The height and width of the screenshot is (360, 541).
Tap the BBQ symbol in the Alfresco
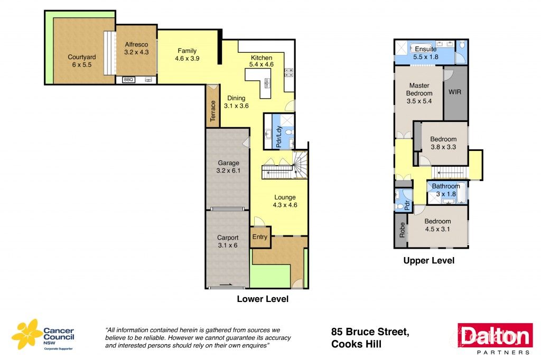pyautogui.click(x=128, y=80)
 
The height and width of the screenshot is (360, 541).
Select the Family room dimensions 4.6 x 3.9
pyautogui.click(x=186, y=59)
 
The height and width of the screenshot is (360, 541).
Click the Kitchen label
pyautogui.click(x=262, y=58)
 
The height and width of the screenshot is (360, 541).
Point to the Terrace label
pyautogui.click(x=213, y=111)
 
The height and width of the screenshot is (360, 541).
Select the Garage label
pyautogui.click(x=229, y=163)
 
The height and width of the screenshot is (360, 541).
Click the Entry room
pyautogui.click(x=260, y=237)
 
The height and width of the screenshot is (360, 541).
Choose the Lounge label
pyautogui.click(x=285, y=197)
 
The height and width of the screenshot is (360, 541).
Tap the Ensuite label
pyautogui.click(x=425, y=49)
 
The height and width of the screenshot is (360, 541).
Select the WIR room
pyautogui.click(x=455, y=92)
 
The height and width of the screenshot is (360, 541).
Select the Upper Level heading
pyautogui.click(x=428, y=260)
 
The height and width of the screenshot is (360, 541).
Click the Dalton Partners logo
pyautogui.click(x=495, y=338)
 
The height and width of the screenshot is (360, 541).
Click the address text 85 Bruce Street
pyautogui.click(x=370, y=332)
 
